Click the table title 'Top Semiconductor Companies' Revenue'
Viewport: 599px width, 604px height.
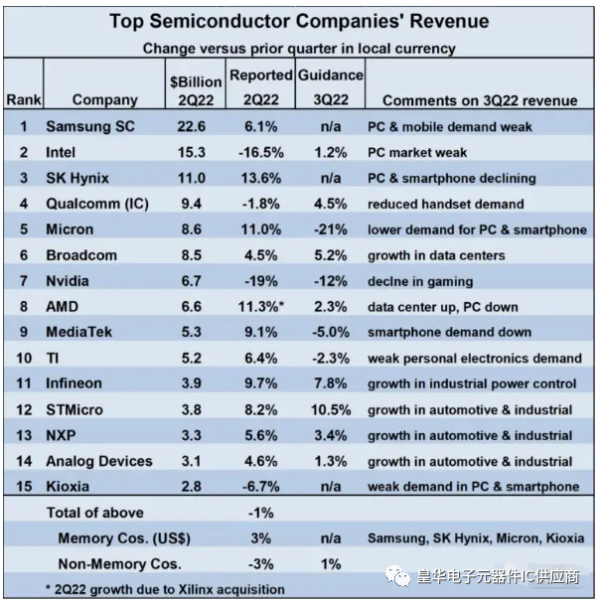point(299,21)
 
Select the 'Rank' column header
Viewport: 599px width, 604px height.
point(24,99)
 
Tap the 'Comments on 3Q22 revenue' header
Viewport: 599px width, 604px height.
point(480,100)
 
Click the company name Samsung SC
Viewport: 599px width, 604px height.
point(90,126)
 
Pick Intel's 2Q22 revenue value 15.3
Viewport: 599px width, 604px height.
point(192,152)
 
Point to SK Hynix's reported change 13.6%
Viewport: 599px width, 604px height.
point(261,178)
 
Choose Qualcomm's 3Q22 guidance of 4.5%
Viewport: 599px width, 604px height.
point(331,204)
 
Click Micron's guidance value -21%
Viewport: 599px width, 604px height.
point(331,229)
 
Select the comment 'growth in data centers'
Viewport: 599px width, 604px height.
point(436,255)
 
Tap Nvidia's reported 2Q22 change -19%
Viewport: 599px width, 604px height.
point(261,281)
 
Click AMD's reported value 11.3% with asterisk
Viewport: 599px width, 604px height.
point(261,307)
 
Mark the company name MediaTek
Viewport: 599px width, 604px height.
point(79,332)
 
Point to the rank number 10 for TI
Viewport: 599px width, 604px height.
point(24,359)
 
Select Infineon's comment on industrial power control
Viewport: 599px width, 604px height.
point(472,383)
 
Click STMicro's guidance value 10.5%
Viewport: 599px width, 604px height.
point(331,410)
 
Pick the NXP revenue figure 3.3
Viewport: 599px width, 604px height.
point(192,435)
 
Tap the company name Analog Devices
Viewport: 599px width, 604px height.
point(99,461)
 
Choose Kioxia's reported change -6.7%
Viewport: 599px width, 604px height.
point(261,487)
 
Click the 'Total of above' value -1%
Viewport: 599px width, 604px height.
point(261,513)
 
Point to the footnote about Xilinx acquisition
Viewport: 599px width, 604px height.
point(165,589)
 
